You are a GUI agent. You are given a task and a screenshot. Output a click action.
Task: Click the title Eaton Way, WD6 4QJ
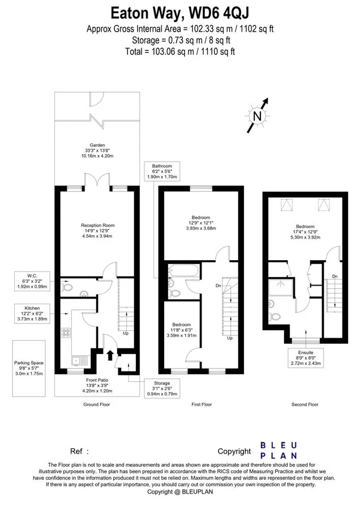[180, 14]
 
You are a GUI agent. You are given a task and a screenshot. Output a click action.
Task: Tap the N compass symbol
[258, 115]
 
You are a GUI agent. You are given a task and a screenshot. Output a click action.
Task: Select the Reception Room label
[98, 231]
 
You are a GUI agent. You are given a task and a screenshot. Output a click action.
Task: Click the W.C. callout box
[32, 281]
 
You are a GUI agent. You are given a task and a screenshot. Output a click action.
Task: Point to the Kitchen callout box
[32, 313]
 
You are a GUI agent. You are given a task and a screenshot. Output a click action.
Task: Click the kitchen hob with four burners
[66, 332]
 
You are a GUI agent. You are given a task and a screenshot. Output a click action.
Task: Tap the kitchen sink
[79, 361]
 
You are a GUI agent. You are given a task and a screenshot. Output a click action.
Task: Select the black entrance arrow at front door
[110, 355]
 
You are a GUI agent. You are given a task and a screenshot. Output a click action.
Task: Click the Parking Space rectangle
[29, 368]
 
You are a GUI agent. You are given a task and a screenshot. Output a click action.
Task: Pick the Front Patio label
[97, 385]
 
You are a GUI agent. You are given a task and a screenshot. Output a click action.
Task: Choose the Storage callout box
[162, 388]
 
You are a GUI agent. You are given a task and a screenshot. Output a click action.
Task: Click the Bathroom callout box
[162, 171]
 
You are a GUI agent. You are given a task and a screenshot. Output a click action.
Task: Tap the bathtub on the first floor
[183, 271]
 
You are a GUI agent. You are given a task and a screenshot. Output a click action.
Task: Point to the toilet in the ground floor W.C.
[67, 287]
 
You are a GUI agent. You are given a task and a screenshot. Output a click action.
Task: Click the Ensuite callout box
[306, 358]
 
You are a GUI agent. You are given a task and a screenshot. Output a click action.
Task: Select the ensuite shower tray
[280, 288]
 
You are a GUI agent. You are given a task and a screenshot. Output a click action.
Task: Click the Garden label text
[97, 145]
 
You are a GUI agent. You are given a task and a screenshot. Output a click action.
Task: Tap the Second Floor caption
[305, 404]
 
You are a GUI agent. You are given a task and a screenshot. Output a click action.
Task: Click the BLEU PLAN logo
[278, 450]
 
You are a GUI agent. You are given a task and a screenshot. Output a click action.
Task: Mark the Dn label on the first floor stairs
[218, 286]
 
